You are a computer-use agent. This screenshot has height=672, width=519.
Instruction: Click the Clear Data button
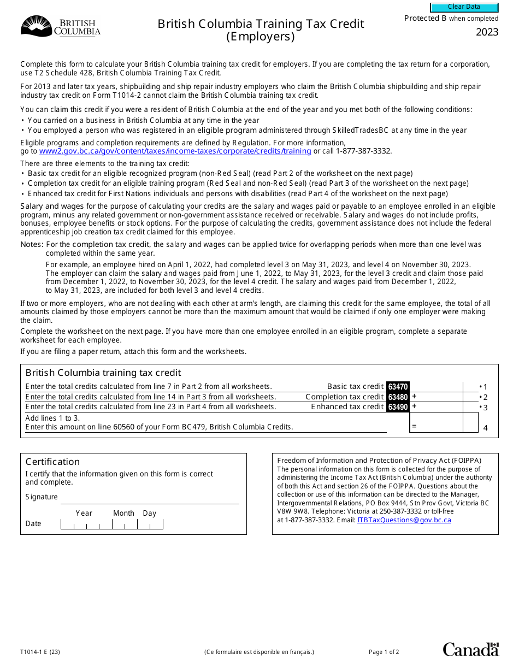click(464, 7)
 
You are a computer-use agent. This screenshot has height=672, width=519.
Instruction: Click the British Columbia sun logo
click(36, 26)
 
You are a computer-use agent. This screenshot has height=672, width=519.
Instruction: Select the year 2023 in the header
click(487, 32)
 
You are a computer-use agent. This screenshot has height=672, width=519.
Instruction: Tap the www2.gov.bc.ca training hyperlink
click(175, 151)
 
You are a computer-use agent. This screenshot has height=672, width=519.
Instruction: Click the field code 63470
click(398, 387)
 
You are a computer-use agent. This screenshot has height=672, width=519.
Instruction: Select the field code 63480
click(398, 397)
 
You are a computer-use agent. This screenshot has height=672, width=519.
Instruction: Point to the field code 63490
click(398, 407)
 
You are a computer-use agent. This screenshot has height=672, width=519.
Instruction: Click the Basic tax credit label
click(355, 387)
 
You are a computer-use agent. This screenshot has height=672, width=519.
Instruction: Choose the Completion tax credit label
click(344, 397)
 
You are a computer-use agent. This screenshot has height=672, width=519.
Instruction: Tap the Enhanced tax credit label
click(347, 407)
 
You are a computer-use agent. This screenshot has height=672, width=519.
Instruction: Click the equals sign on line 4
click(414, 426)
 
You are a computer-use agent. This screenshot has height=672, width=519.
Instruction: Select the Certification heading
click(52, 462)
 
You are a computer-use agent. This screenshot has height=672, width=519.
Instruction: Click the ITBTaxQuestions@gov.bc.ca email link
click(404, 520)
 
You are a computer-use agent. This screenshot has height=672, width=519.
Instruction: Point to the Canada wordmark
click(470, 649)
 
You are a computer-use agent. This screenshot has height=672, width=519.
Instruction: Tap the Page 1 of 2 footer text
click(384, 652)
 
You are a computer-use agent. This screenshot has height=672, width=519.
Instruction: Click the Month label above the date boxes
click(123, 514)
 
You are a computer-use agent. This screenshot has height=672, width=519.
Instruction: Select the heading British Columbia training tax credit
click(103, 373)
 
